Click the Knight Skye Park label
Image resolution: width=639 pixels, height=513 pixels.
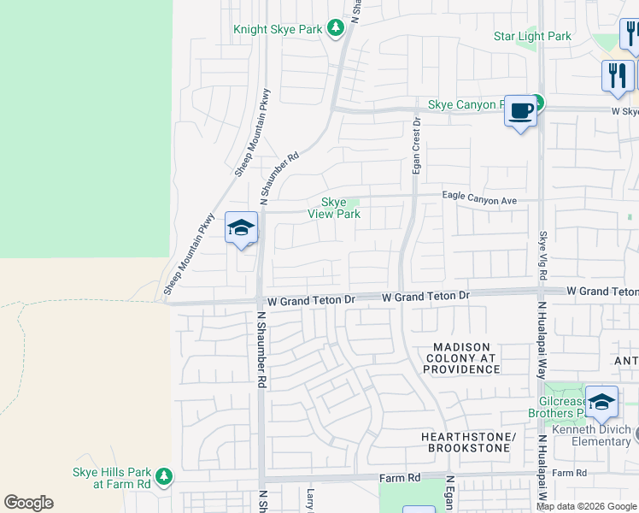pyautogui.click(x=278, y=29)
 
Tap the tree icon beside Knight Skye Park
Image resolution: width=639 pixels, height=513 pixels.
pyautogui.click(x=337, y=29)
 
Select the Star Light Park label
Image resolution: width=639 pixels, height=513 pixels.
pyautogui.click(x=532, y=36)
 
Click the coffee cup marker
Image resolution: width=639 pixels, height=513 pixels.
pyautogui.click(x=520, y=111)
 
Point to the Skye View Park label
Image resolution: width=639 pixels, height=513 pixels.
pyautogui.click(x=334, y=208)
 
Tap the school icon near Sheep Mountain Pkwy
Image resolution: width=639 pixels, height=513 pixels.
pyautogui.click(x=241, y=228)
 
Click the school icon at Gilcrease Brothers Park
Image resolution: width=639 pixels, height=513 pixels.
pyautogui.click(x=601, y=401)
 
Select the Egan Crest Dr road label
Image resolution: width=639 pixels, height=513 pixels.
pyautogui.click(x=417, y=146)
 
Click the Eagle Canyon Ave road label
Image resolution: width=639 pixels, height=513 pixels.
pyautogui.click(x=480, y=199)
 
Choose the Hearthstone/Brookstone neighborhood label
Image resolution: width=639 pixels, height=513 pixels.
pyautogui.click(x=468, y=442)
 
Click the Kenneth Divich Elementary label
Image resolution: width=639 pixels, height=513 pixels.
pyautogui.click(x=590, y=435)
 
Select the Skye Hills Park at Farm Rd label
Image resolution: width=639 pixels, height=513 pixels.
pyautogui.click(x=111, y=478)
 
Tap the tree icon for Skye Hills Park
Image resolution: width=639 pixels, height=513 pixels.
pyautogui.click(x=163, y=475)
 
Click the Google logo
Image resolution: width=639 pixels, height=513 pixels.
pyautogui.click(x=28, y=503)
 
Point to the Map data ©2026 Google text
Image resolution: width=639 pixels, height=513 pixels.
pyautogui.click(x=586, y=506)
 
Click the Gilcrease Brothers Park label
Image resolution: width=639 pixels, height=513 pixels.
pyautogui.click(x=568, y=407)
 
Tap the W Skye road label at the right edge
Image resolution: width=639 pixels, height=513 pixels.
pyautogui.click(x=624, y=111)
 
